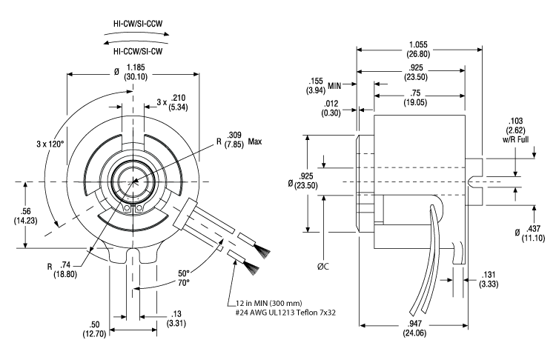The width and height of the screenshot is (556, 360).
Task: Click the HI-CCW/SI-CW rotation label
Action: (x=139, y=53)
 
